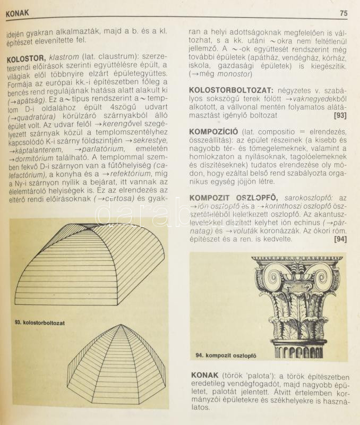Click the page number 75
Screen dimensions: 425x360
click(x=343, y=13)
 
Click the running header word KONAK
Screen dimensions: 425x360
click(x=18, y=12)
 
